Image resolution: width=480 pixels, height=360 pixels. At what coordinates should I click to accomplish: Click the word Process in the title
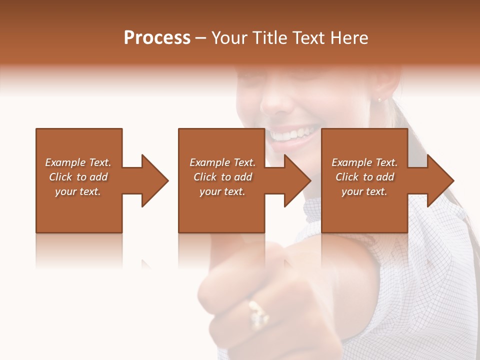157,38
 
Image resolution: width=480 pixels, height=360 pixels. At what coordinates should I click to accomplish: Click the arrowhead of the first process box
155,180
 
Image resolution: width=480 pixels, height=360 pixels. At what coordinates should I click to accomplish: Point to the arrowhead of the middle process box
297,180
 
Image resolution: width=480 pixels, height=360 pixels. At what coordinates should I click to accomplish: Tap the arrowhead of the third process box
440,180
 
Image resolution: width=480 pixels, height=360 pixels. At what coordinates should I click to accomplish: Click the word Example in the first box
65,162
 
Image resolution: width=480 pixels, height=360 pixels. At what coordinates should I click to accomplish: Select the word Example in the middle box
210,162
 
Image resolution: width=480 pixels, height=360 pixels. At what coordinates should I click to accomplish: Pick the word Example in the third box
352,162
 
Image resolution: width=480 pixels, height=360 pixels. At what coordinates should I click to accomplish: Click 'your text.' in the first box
78,191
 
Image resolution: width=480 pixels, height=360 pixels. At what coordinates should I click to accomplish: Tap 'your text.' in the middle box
222,191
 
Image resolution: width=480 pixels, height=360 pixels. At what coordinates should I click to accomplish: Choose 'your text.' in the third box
364,191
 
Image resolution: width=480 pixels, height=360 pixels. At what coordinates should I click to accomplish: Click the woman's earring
378,100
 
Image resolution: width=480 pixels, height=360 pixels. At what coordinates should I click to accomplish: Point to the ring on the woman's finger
258,313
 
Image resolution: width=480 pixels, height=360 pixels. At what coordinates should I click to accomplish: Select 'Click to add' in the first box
78,177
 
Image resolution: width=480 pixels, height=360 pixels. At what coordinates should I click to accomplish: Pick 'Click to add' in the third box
364,177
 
